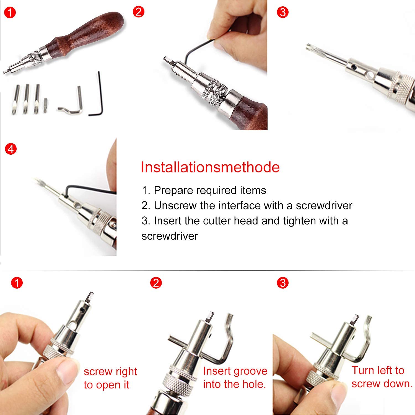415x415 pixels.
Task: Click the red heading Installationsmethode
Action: (x=210, y=167)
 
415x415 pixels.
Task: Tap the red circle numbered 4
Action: (x=11, y=149)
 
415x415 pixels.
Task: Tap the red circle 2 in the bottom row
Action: (x=156, y=283)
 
